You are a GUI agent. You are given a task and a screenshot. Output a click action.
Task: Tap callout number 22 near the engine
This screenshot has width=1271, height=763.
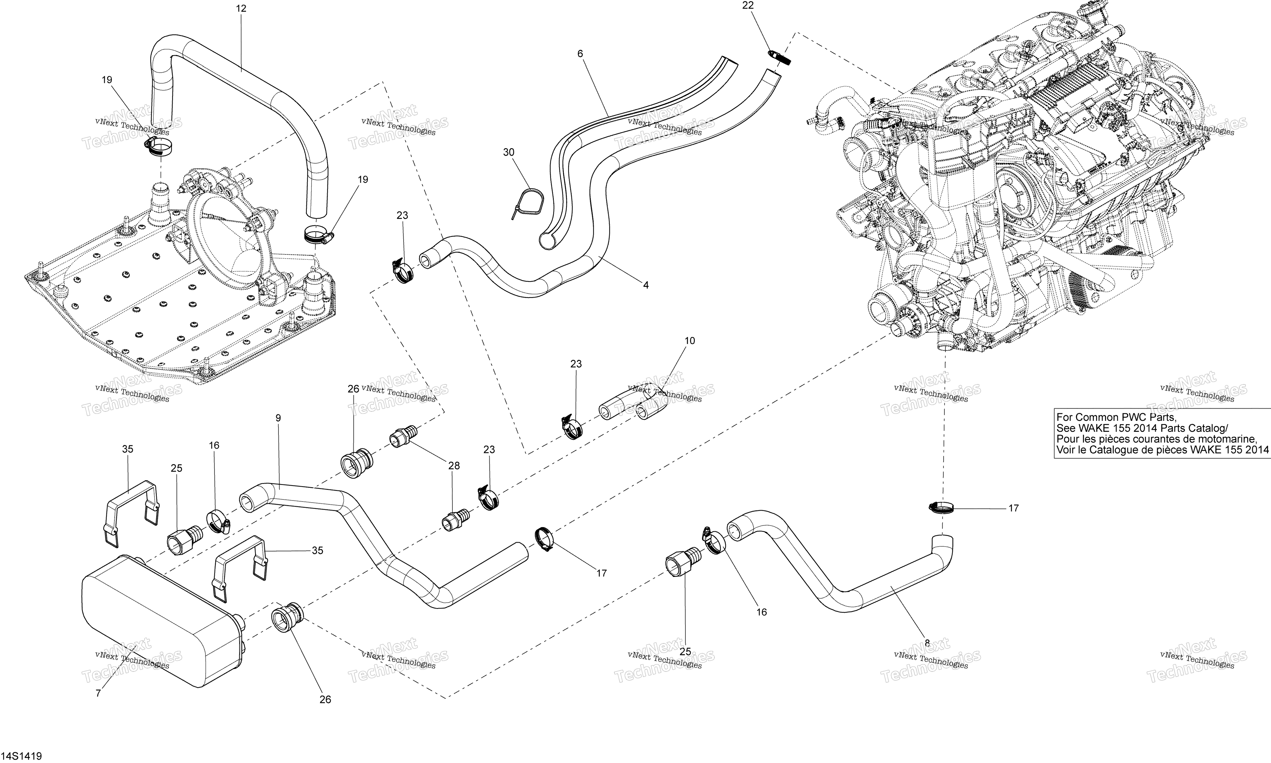[747, 6]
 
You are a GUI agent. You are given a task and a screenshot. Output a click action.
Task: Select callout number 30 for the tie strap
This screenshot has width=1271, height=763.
[508, 152]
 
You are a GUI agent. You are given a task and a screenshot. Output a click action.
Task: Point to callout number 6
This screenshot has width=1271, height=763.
[580, 53]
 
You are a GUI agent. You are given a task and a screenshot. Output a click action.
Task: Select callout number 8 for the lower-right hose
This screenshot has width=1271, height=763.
[927, 643]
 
